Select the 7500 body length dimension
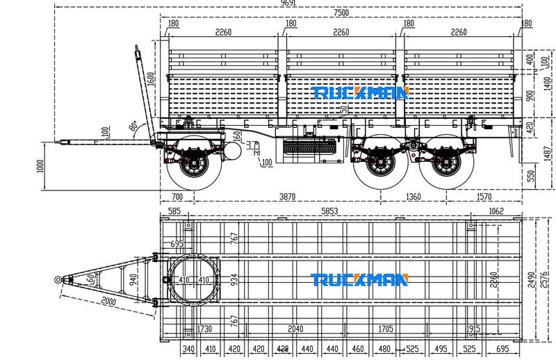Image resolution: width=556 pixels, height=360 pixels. pyautogui.click(x=341, y=13)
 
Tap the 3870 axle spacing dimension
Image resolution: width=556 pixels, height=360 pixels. pyautogui.click(x=287, y=197)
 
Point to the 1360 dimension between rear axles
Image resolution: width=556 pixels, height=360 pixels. pyautogui.click(x=413, y=197)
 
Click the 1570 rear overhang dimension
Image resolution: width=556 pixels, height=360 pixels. pyautogui.click(x=484, y=197)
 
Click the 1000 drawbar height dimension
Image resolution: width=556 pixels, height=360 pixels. pyautogui.click(x=40, y=166)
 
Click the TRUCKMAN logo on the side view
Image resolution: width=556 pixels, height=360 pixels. pyautogui.click(x=359, y=92)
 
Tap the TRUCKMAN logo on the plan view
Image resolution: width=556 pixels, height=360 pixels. pyautogui.click(x=359, y=279)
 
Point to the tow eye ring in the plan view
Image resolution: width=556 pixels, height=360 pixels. pyautogui.click(x=58, y=279)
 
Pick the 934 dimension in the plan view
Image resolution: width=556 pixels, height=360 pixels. pyautogui.click(x=234, y=279)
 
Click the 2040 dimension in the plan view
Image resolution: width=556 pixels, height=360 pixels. pyautogui.click(x=295, y=329)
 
